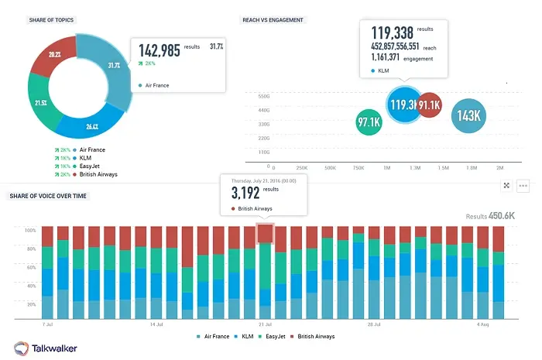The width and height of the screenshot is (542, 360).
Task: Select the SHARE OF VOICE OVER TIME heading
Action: pos(49,196)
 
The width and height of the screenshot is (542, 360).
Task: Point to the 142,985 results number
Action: pos(160,51)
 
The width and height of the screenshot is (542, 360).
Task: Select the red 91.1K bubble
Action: pos(429,105)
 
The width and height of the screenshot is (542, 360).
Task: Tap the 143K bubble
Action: pos(469,116)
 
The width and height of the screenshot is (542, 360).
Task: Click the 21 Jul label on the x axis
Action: pos(265,324)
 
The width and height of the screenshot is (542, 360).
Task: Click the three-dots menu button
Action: pos(523,186)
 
